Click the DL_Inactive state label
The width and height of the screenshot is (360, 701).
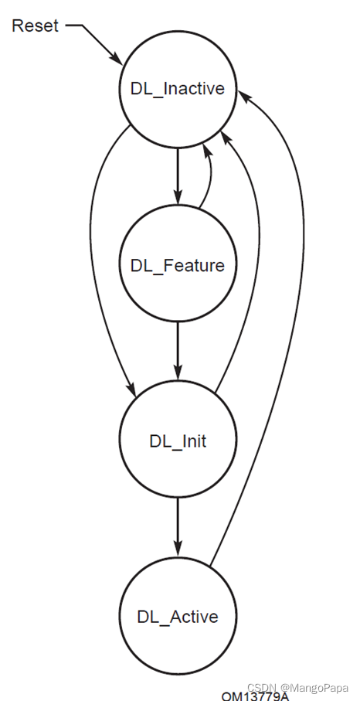pyautogui.click(x=177, y=88)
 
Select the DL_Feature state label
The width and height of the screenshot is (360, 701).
pyautogui.click(x=177, y=266)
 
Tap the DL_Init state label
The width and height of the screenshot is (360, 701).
pyautogui.click(x=177, y=441)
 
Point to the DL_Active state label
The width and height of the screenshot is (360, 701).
pyautogui.click(x=177, y=617)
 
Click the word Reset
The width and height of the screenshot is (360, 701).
pyautogui.click(x=34, y=26)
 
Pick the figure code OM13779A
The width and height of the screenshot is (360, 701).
pyautogui.click(x=255, y=696)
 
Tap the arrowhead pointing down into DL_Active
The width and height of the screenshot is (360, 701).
pyautogui.click(x=177, y=550)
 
